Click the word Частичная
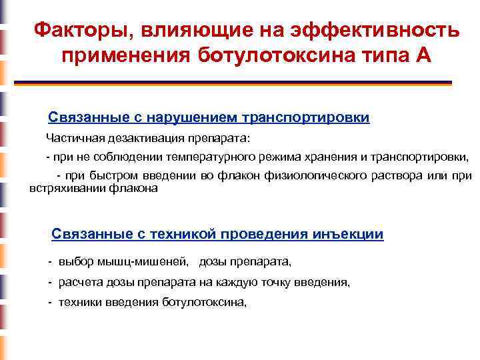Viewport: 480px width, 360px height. click(x=71, y=139)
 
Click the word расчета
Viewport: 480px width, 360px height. click(x=78, y=282)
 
